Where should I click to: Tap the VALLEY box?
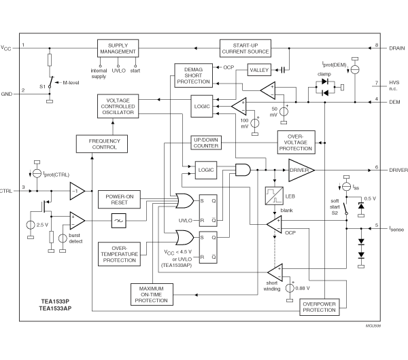tap(259, 70)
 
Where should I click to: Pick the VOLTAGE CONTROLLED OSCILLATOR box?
tap(117, 109)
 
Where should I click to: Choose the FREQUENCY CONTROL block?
tap(103, 143)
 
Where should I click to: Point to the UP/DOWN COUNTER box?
tap(205, 143)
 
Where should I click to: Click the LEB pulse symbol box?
tap(273, 196)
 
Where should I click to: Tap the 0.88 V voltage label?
tap(304, 289)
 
